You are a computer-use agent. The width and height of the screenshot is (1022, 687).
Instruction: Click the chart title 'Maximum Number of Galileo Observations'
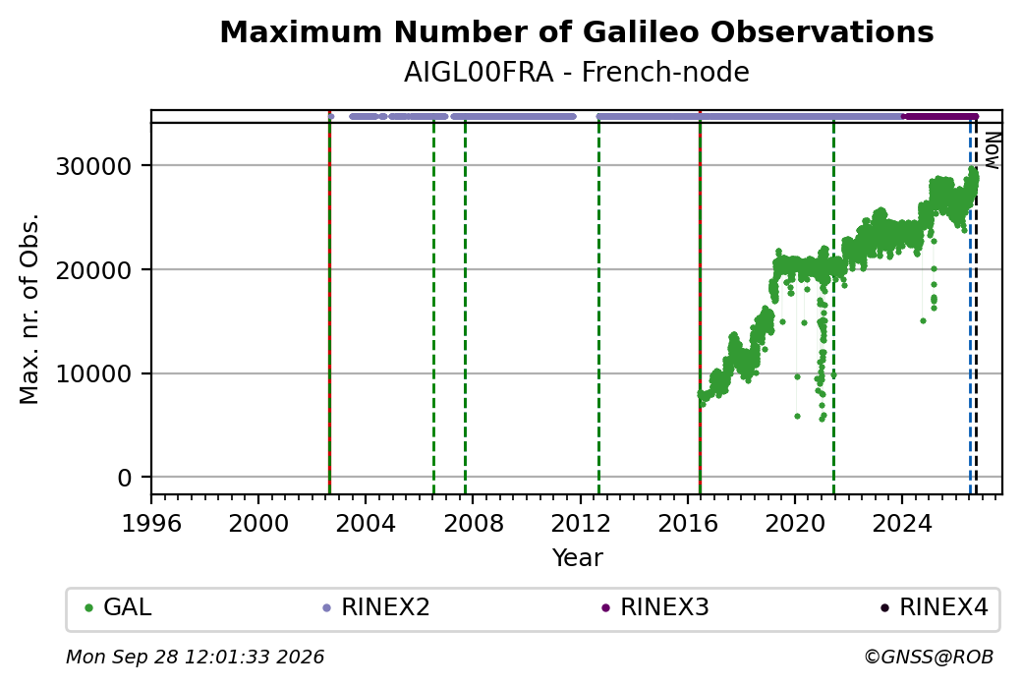[577, 31]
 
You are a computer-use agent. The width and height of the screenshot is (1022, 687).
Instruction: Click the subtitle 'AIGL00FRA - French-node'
[577, 72]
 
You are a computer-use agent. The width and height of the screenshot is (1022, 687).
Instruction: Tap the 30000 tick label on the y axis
[94, 166]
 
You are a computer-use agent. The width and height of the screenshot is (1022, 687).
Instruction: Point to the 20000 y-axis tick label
[94, 270]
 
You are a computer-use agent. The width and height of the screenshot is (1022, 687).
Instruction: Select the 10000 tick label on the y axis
[94, 374]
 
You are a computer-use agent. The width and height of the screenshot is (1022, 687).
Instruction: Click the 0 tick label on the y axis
[125, 478]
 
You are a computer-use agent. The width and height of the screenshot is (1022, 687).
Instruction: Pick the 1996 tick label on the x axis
[152, 523]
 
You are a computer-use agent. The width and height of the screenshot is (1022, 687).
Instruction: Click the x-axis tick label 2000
[258, 523]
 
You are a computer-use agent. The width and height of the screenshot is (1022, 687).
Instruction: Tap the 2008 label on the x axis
[474, 523]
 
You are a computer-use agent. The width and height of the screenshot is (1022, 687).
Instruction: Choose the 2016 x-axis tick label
[688, 523]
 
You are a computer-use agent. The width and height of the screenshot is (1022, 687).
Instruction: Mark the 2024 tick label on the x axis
[902, 523]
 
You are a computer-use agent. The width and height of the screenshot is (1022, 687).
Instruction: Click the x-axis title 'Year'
[578, 558]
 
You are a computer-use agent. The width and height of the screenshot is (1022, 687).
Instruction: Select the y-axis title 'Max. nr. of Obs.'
[29, 309]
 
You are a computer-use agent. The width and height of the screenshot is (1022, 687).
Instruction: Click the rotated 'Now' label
[992, 150]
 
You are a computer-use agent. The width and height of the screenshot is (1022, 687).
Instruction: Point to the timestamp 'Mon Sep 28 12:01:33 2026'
[196, 657]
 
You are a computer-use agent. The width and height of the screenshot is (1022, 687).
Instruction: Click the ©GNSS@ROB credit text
[929, 657]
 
